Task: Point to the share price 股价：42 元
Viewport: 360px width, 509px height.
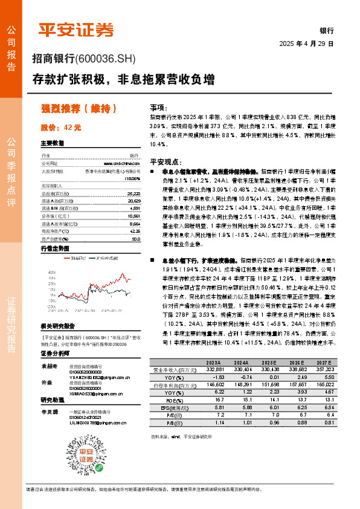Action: click(x=60, y=128)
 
